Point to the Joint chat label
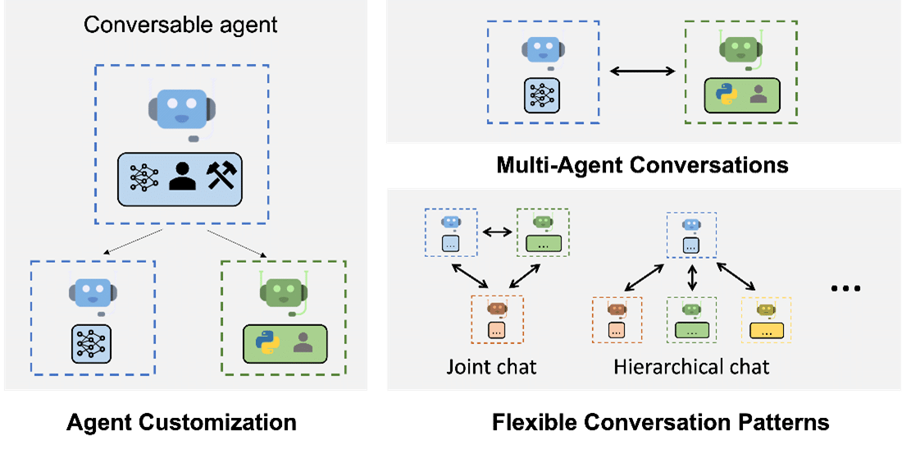[491, 366]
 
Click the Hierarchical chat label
[691, 366]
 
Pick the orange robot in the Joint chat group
[497, 308]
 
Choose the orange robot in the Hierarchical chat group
[617, 310]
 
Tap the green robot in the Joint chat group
[542, 222]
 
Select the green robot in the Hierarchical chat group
[691, 310]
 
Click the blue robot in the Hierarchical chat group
[691, 224]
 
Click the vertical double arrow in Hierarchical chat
[692, 275]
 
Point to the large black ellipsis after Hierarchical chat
[845, 289]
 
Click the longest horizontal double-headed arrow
[641, 72]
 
